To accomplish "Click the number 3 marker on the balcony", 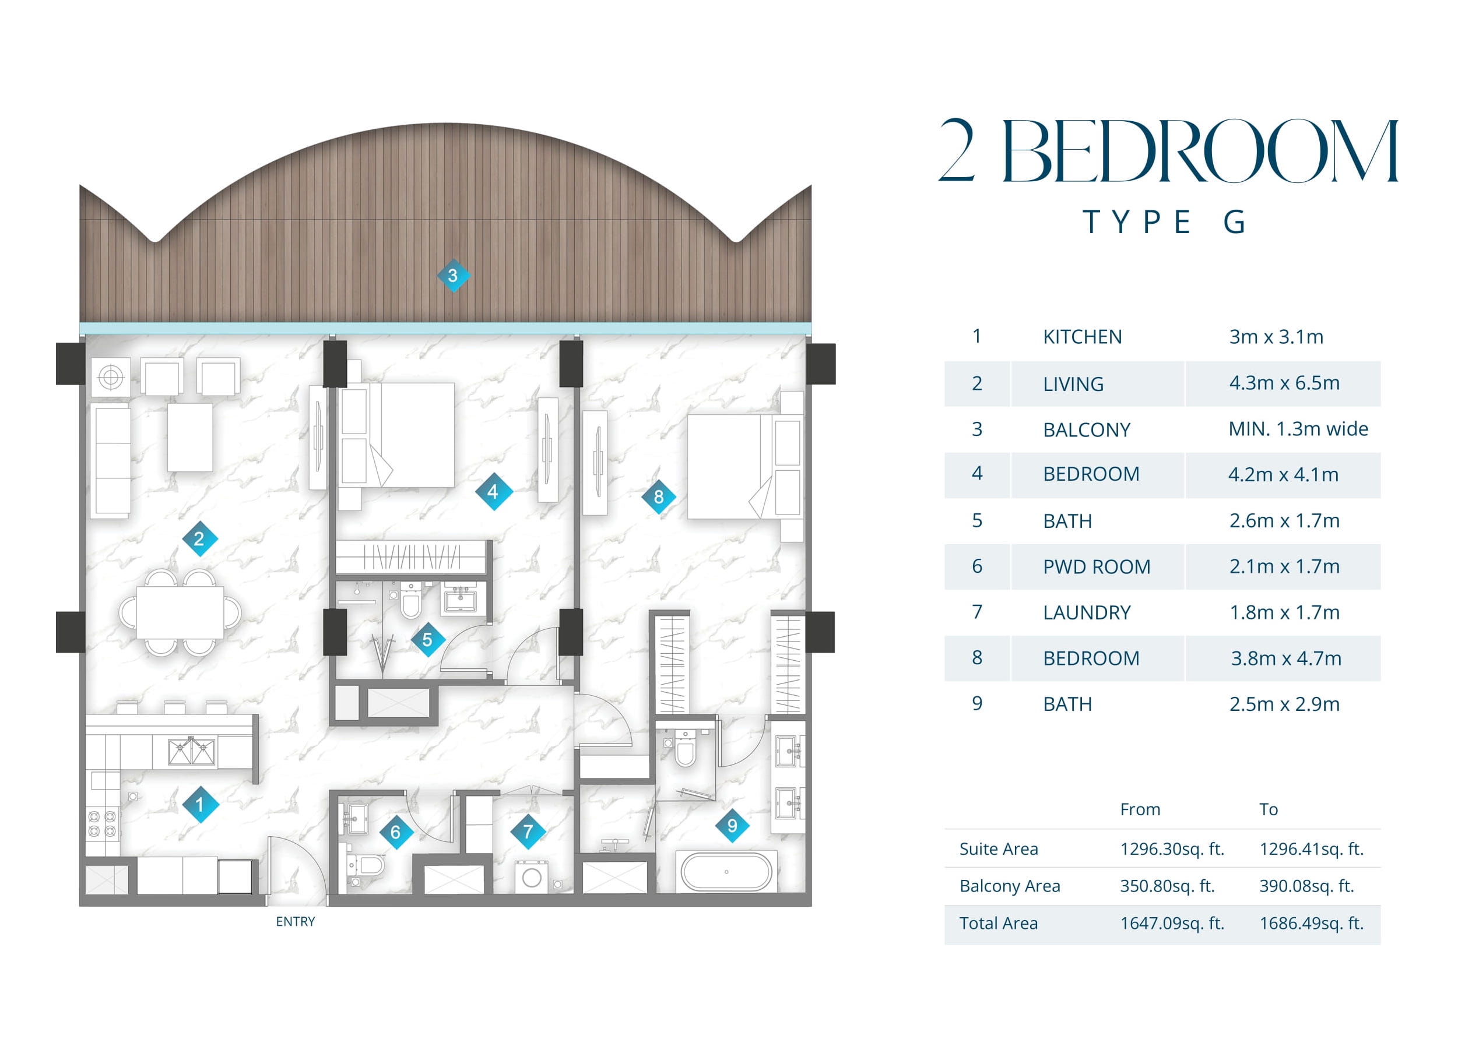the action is pos(453,276).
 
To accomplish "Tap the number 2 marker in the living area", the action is pos(199,538).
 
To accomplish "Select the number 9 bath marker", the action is pos(732,825).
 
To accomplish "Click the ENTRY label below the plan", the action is pos(295,921).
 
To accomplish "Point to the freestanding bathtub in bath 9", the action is pos(727,872).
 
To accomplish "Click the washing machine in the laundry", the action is pos(532,877).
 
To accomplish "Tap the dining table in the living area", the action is pos(180,612).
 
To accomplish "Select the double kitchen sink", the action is pos(191,751).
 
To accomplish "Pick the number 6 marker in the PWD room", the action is pos(395,832).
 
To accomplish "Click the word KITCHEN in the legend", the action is pos(1082,337).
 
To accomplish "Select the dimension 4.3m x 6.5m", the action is pos(1284,383).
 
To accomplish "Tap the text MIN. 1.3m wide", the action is pos(1298,429).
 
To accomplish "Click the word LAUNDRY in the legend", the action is pos(1087,612).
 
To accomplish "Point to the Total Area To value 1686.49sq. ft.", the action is pos(1311,924).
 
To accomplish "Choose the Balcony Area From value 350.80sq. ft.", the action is pos(1167,886).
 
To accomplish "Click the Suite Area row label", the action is pos(999,849).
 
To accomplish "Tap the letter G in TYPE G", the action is pos(1234,222).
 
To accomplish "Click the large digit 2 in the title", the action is pos(957,150).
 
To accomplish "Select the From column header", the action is pos(1140,810).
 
